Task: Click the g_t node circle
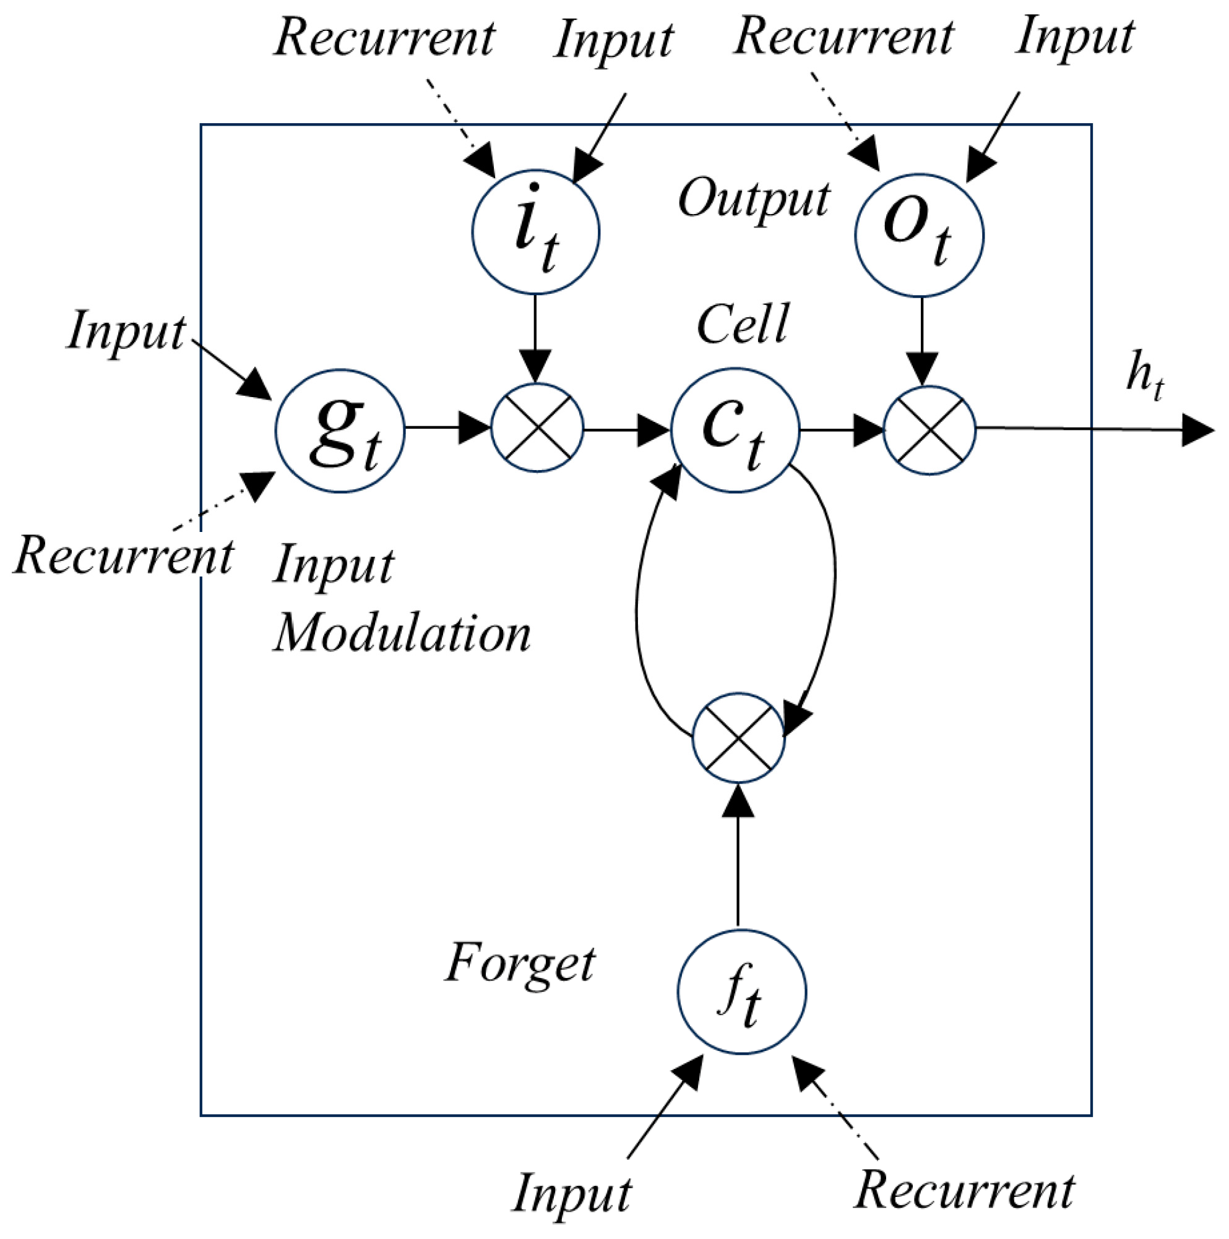pyautogui.click(x=340, y=431)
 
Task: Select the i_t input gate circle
pyautogui.click(x=536, y=232)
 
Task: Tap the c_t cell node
pyautogui.click(x=735, y=431)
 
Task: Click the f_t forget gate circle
pyautogui.click(x=742, y=992)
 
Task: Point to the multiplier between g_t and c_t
pyautogui.click(x=538, y=429)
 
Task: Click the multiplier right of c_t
pyautogui.click(x=929, y=431)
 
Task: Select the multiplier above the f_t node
pyautogui.click(x=738, y=737)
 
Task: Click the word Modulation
pyautogui.click(x=403, y=635)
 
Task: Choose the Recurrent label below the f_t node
pyautogui.click(x=965, y=1191)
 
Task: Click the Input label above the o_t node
pyautogui.click(x=1075, y=37)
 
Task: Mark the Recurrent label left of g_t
pyautogui.click(x=124, y=556)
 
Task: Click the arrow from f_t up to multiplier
pyautogui.click(x=738, y=853)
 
